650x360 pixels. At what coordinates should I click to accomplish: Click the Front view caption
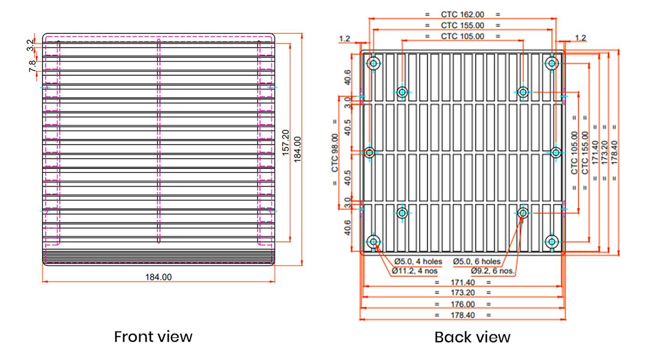153,337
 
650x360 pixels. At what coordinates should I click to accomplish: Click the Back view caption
472,337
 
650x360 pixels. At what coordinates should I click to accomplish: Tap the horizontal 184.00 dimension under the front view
158,277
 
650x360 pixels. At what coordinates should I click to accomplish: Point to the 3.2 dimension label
30,45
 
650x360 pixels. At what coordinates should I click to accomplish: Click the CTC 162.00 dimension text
462,14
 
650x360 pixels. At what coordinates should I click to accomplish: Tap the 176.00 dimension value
463,304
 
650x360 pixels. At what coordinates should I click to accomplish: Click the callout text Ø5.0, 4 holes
418,261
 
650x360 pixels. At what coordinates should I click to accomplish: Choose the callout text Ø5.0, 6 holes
477,261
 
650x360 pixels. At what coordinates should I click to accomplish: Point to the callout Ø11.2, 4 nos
415,271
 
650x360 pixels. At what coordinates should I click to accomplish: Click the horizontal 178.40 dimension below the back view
463,315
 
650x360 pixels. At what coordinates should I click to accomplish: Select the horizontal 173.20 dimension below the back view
463,292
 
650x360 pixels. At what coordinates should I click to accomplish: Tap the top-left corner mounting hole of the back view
374,63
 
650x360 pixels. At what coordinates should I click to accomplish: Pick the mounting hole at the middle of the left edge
370,152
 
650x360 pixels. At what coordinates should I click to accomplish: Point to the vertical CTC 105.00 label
574,153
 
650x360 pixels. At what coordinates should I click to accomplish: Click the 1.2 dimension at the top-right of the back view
580,38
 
